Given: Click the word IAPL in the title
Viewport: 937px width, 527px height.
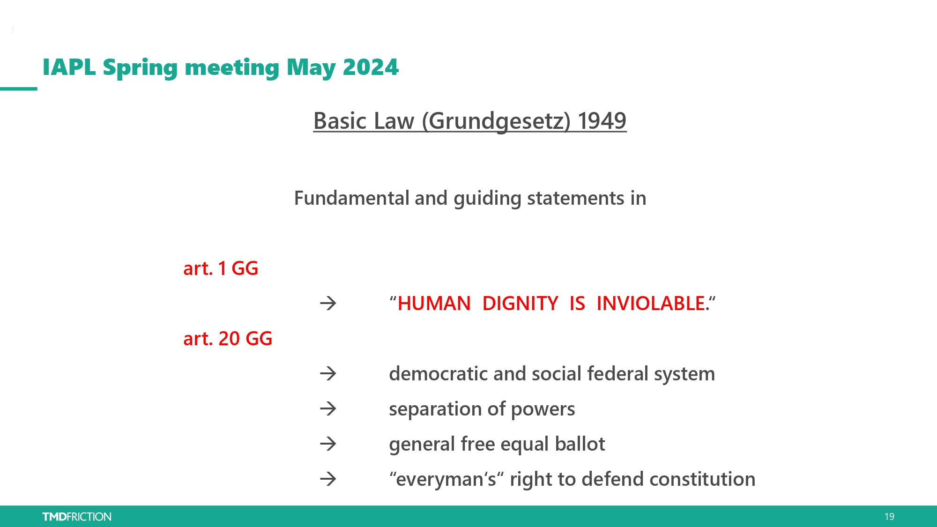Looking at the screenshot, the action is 69,67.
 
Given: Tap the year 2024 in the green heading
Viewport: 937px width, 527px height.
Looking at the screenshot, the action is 371,67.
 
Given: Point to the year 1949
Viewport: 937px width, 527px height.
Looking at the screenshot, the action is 602,121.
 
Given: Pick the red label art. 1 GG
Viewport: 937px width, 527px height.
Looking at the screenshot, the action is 221,268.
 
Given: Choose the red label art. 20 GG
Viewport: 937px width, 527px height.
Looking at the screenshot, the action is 228,339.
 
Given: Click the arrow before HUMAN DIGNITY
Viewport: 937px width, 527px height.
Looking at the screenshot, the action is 328,304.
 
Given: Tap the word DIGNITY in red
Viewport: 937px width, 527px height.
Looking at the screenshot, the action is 520,304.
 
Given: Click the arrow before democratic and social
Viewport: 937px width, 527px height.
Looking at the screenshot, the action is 328,374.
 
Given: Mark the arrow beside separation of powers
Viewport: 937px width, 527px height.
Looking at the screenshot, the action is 328,409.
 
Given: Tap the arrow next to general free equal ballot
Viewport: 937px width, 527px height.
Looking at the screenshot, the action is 328,444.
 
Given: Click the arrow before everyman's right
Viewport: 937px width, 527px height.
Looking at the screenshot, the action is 328,479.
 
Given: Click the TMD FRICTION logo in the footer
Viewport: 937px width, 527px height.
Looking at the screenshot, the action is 77,517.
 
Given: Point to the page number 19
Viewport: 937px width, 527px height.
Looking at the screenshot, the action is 889,517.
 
